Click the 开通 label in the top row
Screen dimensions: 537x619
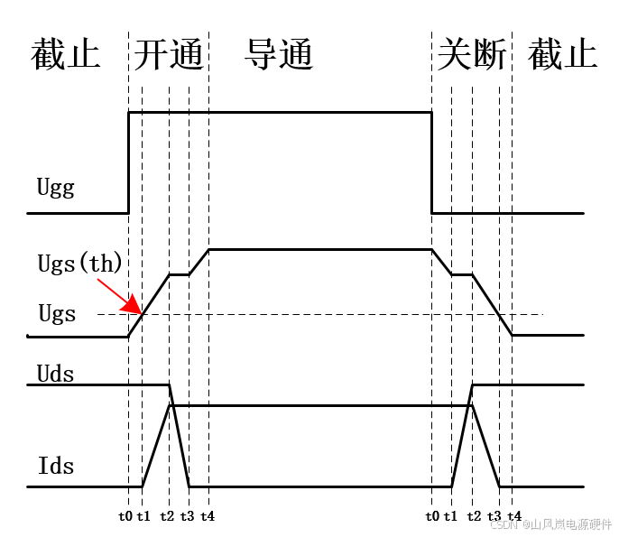pyautogui.click(x=169, y=56)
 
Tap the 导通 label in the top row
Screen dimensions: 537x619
pyautogui.click(x=279, y=56)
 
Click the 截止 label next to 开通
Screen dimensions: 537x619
pyautogui.click(x=65, y=56)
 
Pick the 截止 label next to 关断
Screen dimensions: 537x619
pyautogui.click(x=563, y=56)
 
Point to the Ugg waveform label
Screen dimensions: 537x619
pyautogui.click(x=56, y=188)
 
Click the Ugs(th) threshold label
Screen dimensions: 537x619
pyautogui.click(x=79, y=264)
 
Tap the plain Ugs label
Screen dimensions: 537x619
pyautogui.click(x=57, y=314)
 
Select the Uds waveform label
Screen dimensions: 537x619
pyautogui.click(x=56, y=373)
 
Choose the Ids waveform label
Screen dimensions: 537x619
pyautogui.click(x=56, y=467)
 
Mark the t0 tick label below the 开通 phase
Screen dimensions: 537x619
pyautogui.click(x=125, y=517)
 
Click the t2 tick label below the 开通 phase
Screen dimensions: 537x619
pyautogui.click(x=167, y=517)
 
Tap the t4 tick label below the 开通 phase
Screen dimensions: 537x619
pyautogui.click(x=208, y=517)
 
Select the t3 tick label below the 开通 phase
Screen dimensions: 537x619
pyautogui.click(x=187, y=517)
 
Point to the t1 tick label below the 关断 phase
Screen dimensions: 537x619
pyautogui.click(x=451, y=517)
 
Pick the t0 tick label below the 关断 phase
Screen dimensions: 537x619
pyautogui.click(x=433, y=517)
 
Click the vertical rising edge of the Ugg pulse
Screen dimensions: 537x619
pyautogui.click(x=129, y=162)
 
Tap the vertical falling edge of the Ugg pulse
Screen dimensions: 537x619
pyautogui.click(x=431, y=162)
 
